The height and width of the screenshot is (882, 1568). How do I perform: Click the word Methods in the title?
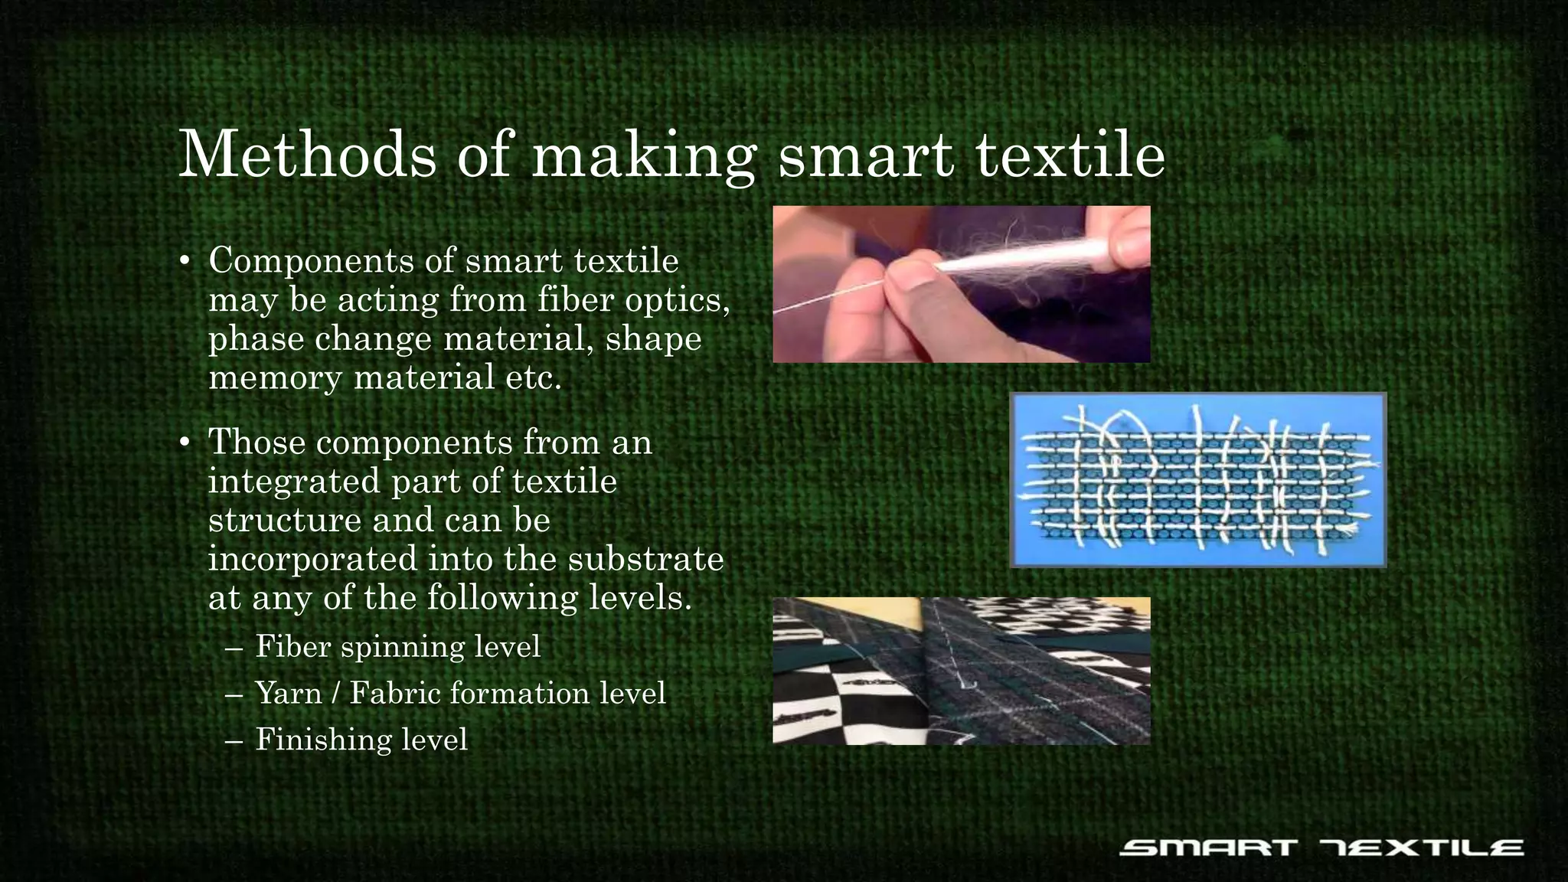307,155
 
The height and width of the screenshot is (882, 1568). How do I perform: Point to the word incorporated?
312,559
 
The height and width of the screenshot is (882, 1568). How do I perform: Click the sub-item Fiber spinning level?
397,647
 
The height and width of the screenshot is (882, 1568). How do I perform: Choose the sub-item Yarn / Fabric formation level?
460,694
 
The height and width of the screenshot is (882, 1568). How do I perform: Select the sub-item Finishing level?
361,740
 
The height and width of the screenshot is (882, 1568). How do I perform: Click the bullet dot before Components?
185,262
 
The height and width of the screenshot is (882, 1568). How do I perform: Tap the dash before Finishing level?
234,740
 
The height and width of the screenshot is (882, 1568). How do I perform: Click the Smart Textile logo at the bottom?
1321,848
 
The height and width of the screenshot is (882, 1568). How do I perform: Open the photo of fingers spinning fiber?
961,284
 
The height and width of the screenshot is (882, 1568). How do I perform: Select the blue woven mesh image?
1198,480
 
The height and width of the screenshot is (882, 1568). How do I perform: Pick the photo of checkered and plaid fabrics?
961,671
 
